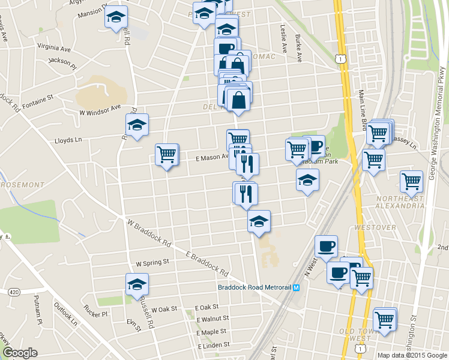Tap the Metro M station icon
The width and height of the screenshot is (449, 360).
(x=297, y=287)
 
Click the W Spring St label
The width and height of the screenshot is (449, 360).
(x=152, y=263)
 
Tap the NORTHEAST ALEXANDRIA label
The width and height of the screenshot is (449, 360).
(x=401, y=200)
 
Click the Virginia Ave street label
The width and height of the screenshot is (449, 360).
(x=54, y=47)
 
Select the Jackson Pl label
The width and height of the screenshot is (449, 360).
(x=62, y=61)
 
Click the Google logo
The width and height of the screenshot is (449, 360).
(x=20, y=353)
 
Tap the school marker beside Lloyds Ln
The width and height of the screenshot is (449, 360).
(x=137, y=125)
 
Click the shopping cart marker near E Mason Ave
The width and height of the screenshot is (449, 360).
(x=167, y=155)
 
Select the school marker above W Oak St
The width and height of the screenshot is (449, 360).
(x=137, y=284)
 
